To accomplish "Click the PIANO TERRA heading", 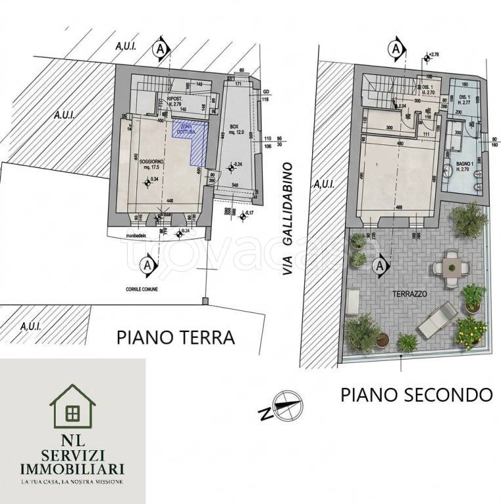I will [x=175, y=337].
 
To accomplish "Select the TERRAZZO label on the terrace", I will [x=407, y=294].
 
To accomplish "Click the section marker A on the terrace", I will [x=379, y=266].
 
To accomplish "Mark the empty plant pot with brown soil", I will [x=382, y=339].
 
